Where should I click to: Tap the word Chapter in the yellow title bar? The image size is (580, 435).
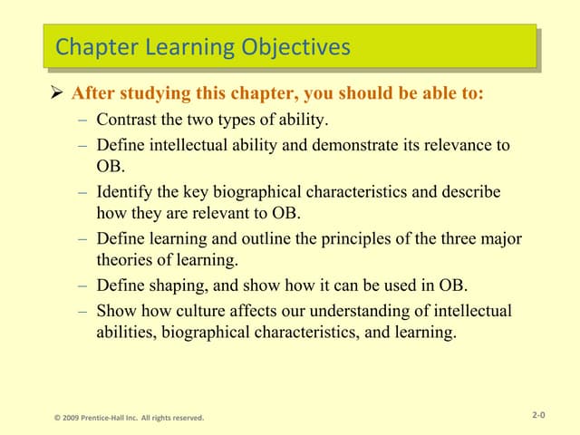click(93, 46)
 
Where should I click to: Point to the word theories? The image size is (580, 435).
click(123, 261)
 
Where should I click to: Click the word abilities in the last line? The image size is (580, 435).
click(123, 333)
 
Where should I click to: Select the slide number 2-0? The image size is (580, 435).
click(538, 415)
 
